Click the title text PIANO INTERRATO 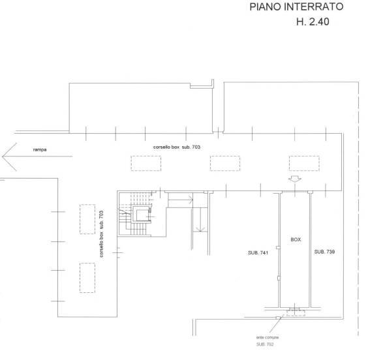point(296,7)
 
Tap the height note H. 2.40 point(313,22)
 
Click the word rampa point(40,149)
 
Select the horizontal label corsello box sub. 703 point(177,147)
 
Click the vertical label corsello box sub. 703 point(101,234)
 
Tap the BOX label point(296,239)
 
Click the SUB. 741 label point(258,253)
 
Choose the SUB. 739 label point(324,252)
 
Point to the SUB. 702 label point(265,344)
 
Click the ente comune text point(268,337)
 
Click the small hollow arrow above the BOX point(295,179)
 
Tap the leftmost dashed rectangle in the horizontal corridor point(146,163)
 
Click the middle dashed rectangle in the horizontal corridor point(225,163)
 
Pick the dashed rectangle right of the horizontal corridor point(304,163)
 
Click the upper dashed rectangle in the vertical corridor point(87,219)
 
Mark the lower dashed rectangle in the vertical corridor point(87,278)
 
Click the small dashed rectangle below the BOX point(296,313)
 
